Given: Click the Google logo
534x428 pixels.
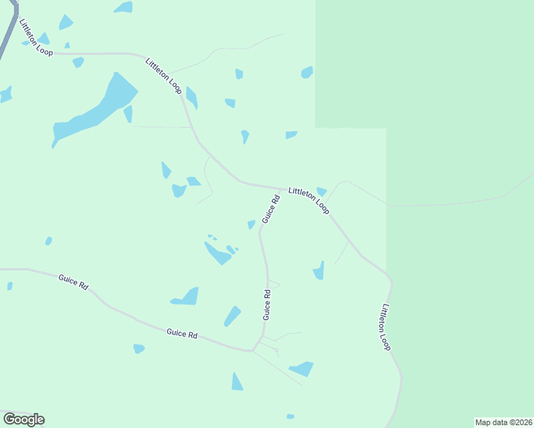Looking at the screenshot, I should (24, 419).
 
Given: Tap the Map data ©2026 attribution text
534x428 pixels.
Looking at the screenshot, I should (503, 422).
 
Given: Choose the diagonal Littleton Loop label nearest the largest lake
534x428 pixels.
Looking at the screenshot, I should (163, 75).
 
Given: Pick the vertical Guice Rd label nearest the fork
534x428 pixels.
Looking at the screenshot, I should (266, 304).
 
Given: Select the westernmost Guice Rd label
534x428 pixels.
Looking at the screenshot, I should (73, 282).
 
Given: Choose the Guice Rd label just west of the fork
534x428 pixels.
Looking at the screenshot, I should (181, 332).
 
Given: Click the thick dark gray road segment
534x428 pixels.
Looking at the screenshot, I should (8, 32).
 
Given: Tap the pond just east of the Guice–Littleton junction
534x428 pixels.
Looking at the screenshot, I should (321, 191).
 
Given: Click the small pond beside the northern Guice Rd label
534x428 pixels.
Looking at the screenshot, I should (251, 225).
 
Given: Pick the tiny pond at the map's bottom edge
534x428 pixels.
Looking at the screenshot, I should (290, 417).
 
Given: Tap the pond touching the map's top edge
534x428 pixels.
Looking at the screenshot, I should (124, 7).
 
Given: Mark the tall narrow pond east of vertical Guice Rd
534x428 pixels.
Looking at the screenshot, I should (319, 270).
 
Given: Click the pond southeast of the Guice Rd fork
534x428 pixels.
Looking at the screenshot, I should (302, 369).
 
